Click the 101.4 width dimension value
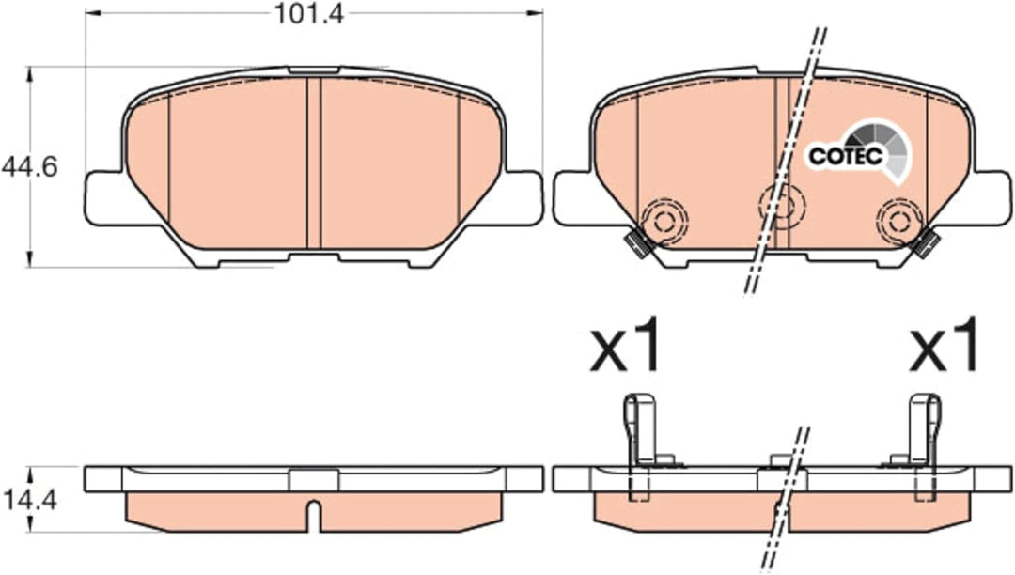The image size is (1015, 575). point(310,14)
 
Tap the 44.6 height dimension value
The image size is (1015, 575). point(30,167)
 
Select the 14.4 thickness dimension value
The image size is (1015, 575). point(30,499)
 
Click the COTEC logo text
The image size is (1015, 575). point(846,156)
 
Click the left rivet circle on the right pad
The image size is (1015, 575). point(664,222)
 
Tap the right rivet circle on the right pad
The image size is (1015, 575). point(899,222)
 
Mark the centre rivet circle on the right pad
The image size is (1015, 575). point(782,207)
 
